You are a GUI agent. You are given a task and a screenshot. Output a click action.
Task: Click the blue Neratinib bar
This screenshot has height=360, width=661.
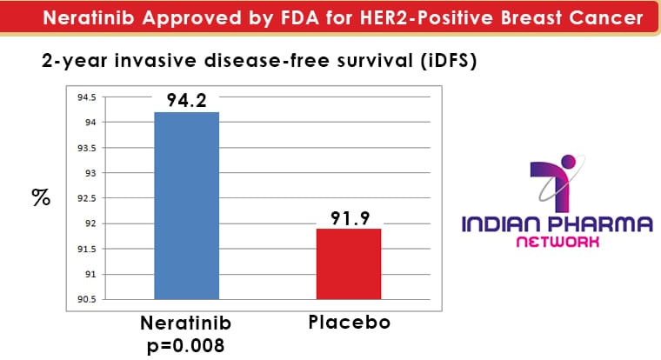click(187, 206)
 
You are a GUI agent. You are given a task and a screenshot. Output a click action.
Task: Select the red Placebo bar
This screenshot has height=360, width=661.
click(349, 264)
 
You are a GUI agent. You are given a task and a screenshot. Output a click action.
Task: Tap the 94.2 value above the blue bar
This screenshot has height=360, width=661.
click(187, 100)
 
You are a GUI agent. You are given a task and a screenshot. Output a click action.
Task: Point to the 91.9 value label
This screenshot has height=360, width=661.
click(350, 218)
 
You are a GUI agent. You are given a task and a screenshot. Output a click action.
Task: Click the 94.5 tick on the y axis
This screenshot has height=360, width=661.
click(86, 97)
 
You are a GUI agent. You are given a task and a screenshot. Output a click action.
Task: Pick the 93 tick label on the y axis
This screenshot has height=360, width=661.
click(90, 173)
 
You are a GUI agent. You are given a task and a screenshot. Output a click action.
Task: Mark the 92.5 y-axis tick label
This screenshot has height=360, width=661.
click(86, 198)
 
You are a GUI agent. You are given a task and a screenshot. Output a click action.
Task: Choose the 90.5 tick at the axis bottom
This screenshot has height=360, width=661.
click(86, 300)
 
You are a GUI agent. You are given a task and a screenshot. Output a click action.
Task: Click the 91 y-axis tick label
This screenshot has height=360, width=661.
click(90, 275)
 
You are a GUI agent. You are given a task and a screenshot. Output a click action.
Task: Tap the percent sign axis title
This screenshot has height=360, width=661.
click(41, 197)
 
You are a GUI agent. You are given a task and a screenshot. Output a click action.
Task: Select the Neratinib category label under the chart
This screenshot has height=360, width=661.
click(186, 323)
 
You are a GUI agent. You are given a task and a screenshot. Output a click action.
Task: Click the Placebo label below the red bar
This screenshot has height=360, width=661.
click(350, 323)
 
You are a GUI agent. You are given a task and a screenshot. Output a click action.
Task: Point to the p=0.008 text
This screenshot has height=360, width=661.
click(186, 346)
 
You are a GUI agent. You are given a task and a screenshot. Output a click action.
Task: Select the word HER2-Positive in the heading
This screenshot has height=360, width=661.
click(427, 17)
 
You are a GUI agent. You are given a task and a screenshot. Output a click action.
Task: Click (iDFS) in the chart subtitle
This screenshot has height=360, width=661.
click(449, 61)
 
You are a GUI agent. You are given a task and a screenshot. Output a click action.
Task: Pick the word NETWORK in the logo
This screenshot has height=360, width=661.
click(558, 242)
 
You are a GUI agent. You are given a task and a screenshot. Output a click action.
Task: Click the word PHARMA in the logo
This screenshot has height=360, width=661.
click(605, 223)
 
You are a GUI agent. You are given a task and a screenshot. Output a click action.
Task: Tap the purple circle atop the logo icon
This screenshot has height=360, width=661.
click(569, 162)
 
